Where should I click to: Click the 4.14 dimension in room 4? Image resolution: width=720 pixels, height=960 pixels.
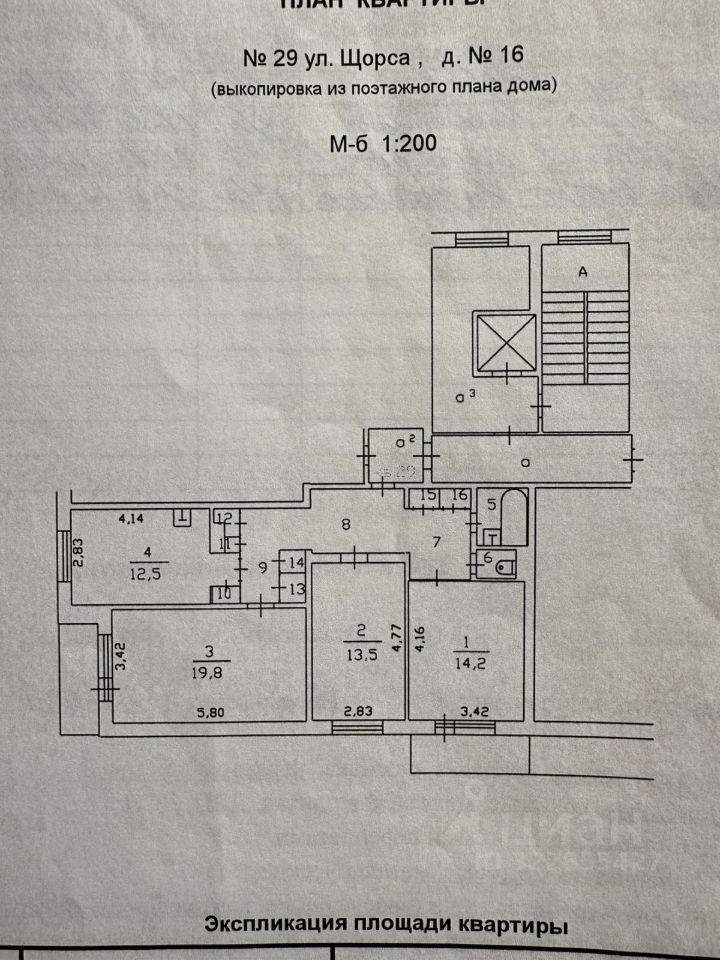[131, 518]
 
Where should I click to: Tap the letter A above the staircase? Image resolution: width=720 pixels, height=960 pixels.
[579, 270]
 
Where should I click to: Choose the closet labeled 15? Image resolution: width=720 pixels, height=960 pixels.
[428, 496]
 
